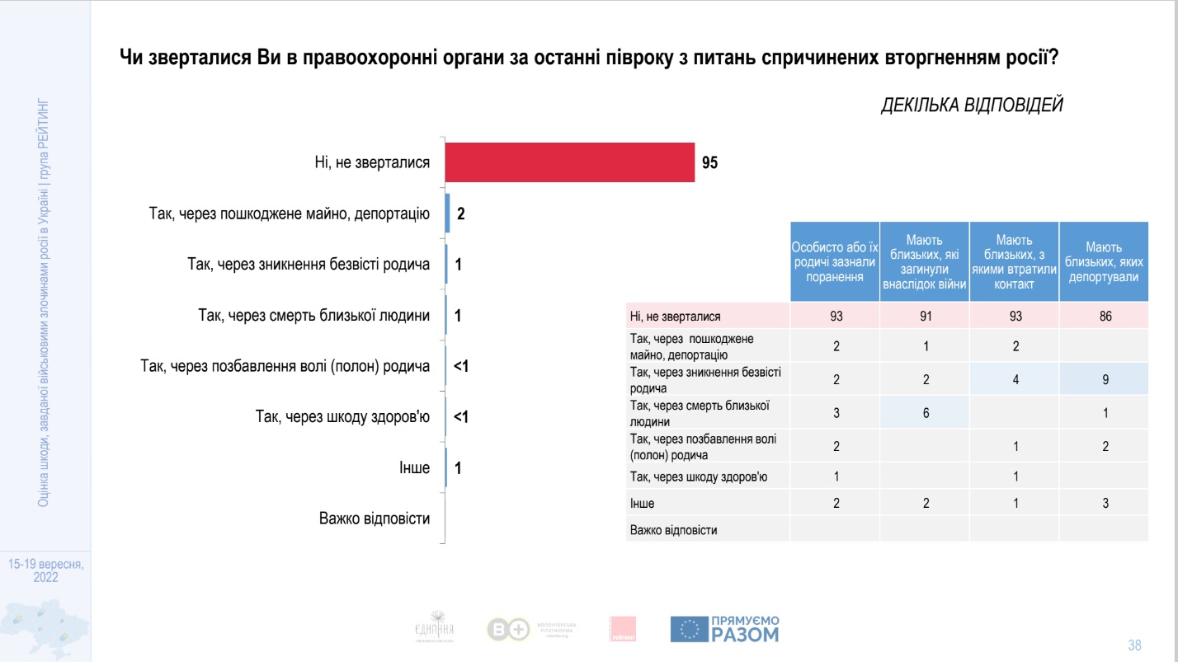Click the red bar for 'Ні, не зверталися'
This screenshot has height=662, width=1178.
point(569,162)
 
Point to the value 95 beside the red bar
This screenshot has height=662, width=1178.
point(710,163)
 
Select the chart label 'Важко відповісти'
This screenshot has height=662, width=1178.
point(375,519)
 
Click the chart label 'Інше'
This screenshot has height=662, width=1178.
point(414,468)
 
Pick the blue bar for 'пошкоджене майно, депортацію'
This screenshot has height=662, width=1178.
point(447,214)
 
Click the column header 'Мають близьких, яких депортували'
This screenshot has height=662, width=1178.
point(1104,262)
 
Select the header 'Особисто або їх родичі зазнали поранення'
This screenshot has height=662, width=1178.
point(835,262)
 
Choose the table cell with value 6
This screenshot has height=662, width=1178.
point(926,413)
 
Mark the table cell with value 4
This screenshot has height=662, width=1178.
point(1015,380)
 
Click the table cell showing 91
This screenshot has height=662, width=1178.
point(926,316)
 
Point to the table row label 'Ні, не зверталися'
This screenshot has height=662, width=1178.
point(676,317)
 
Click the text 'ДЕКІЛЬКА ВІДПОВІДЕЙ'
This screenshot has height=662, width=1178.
point(972,106)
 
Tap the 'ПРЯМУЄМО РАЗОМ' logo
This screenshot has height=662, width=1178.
point(724,629)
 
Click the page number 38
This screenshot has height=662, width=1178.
point(1134,644)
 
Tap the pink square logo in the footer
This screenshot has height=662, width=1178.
point(623,629)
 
